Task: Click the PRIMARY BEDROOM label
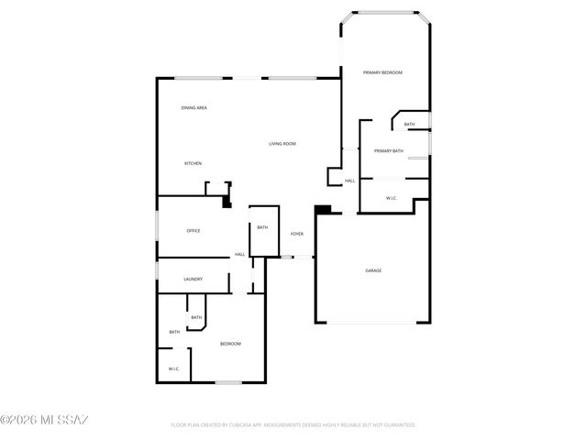click(x=382, y=72)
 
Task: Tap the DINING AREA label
click(x=194, y=108)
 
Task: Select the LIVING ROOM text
click(x=282, y=144)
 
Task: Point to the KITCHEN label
click(x=193, y=163)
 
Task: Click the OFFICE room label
click(x=194, y=230)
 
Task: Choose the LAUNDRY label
click(x=193, y=279)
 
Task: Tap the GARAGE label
click(x=373, y=270)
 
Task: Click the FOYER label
click(x=297, y=234)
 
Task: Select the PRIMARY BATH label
click(x=388, y=150)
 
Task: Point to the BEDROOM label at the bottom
click(x=230, y=344)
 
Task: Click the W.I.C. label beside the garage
click(x=391, y=198)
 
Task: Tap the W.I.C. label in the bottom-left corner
click(x=173, y=368)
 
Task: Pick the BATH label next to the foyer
click(x=262, y=227)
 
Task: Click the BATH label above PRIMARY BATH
click(x=409, y=125)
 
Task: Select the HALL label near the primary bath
click(x=349, y=181)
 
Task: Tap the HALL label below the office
click(x=239, y=254)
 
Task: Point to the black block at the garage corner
click(x=322, y=210)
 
